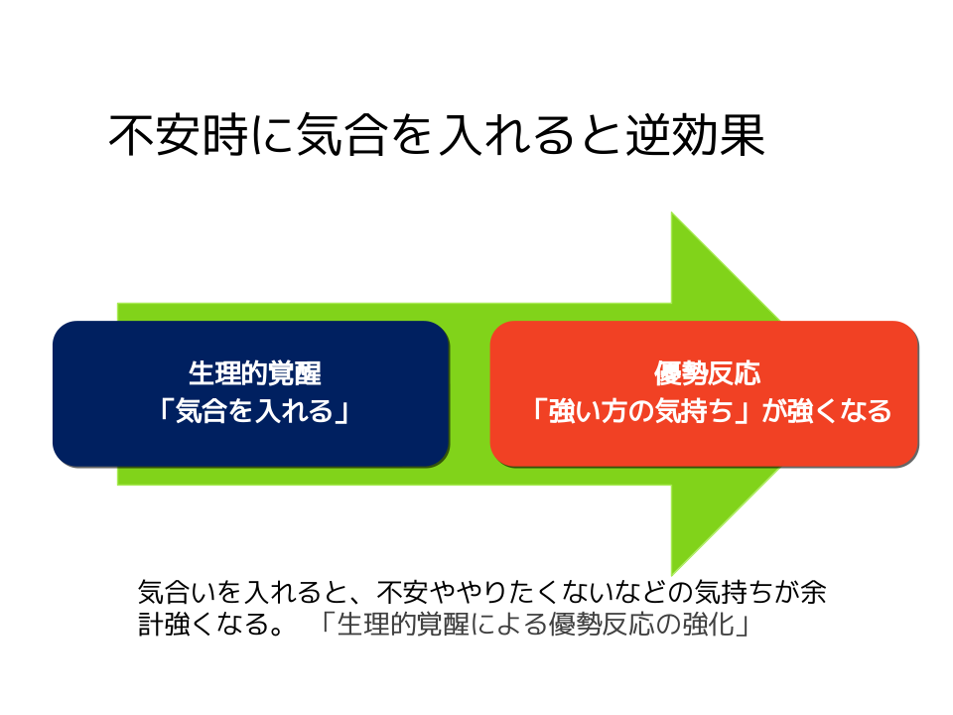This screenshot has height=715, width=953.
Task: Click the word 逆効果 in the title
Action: click(x=695, y=135)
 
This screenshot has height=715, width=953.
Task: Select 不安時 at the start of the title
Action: click(x=179, y=135)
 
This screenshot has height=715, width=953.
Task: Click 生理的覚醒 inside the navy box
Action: click(x=255, y=373)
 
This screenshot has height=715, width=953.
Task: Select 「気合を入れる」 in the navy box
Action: click(x=253, y=410)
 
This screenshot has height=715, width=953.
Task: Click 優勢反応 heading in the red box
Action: click(x=707, y=373)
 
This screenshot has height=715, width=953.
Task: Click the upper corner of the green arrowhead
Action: click(x=671, y=213)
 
